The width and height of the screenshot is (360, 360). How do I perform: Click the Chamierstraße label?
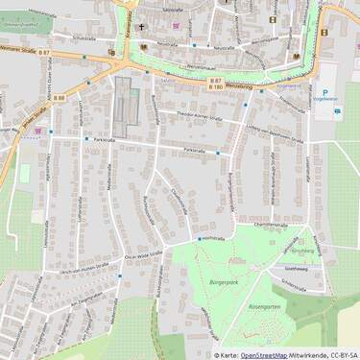[271, 224]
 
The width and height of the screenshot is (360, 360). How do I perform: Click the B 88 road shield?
[60, 97]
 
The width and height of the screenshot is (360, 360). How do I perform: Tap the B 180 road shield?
[216, 87]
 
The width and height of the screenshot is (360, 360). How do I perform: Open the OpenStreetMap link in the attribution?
[263, 354]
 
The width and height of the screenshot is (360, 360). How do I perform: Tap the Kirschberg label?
[301, 248]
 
